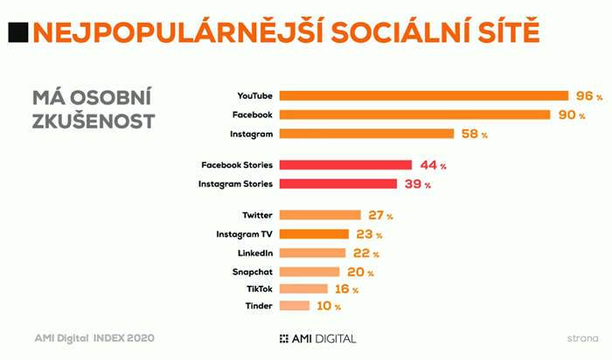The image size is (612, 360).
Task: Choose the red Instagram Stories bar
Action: click(x=340, y=183)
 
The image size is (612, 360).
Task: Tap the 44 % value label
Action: click(x=433, y=164)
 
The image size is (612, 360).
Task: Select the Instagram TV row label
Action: click(x=245, y=234)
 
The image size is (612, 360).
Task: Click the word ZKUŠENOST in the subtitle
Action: click(x=94, y=121)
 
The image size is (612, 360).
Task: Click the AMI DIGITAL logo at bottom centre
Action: click(x=317, y=337)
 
